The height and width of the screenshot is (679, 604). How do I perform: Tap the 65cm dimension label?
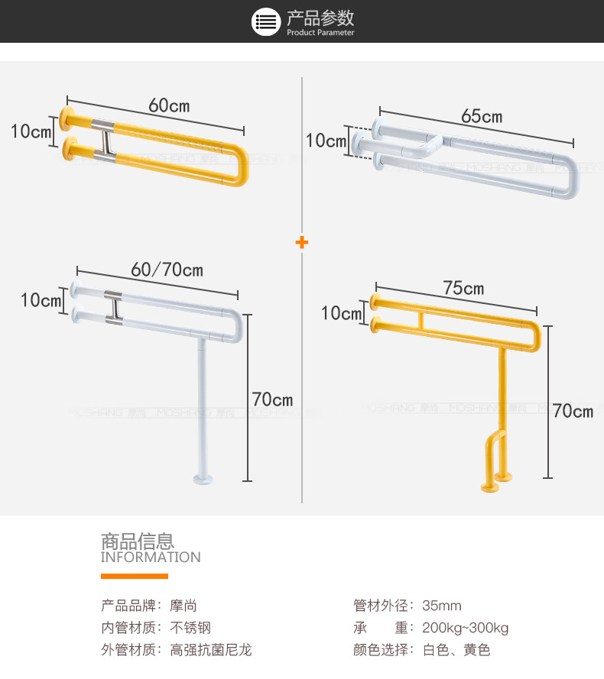[x=482, y=117]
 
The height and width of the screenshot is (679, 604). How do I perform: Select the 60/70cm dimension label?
[x=167, y=270]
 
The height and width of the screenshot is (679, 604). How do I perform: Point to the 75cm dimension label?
[x=463, y=288]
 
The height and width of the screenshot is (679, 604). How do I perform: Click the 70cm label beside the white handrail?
[x=272, y=399]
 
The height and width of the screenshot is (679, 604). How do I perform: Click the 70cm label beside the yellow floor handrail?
[x=573, y=411]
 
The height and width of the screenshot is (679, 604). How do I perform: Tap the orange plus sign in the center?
[x=302, y=243]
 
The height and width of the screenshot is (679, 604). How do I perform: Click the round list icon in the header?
[x=266, y=21]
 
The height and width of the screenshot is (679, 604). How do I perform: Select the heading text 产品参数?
[x=320, y=18]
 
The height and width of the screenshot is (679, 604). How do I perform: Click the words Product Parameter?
[x=320, y=33]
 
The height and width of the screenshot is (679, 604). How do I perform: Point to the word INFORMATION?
[x=151, y=558]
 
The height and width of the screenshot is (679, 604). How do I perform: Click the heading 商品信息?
[x=138, y=541]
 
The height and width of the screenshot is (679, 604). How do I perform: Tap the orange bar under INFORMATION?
[x=134, y=576]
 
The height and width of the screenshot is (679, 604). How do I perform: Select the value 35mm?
[x=442, y=606]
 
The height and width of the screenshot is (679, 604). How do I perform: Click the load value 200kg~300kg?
[x=465, y=629]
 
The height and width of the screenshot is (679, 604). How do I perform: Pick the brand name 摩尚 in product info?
[x=183, y=606]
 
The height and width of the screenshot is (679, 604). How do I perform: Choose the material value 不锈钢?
[x=190, y=629]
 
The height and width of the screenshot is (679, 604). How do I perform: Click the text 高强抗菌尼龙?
[x=210, y=651]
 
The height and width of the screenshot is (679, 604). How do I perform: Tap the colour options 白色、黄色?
[x=456, y=651]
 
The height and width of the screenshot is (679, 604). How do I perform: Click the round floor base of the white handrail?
[x=203, y=480]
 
